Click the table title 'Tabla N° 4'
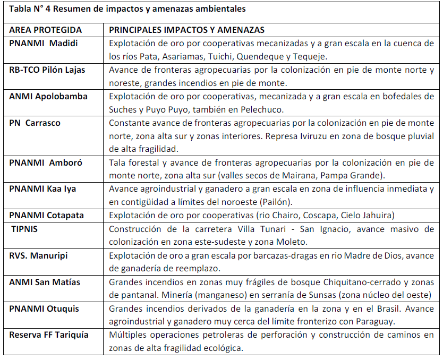(x=31, y=9)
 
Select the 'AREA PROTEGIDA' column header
(x=46, y=30)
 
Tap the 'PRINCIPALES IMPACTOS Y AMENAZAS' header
(x=186, y=30)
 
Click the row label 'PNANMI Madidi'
(x=44, y=44)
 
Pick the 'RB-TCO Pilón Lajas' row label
(x=47, y=70)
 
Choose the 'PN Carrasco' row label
(x=35, y=123)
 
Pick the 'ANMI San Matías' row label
(x=45, y=282)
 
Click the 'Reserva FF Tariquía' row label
(x=49, y=335)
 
